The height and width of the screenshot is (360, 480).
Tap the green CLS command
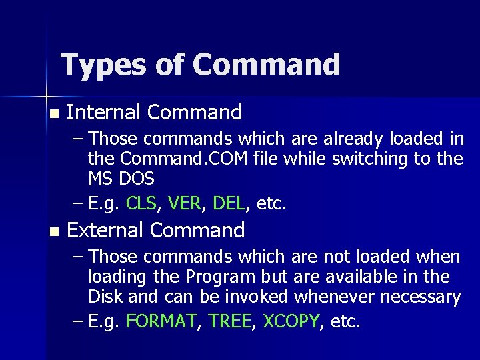point(141,203)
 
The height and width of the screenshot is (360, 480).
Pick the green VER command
point(184,203)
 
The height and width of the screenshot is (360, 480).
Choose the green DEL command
point(229,203)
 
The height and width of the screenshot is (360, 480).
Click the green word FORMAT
point(161,321)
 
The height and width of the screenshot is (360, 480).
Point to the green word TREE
point(230,321)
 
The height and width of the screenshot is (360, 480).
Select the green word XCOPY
point(291,321)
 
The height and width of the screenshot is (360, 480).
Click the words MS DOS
point(121,179)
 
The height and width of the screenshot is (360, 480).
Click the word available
point(382,277)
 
